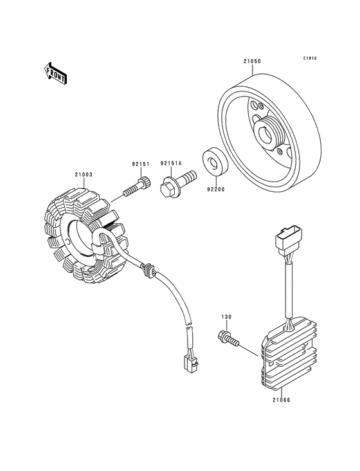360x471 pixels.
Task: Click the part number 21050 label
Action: pos(252,61)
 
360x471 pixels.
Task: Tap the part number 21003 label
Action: pos(84,174)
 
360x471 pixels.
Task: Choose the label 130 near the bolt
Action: pos(226,318)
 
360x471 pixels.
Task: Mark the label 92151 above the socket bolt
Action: pos(141,163)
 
